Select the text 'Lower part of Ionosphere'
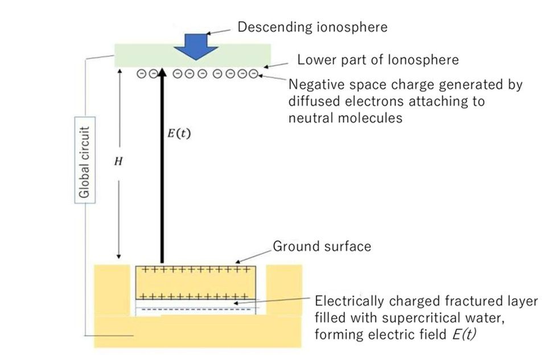(x=378, y=59)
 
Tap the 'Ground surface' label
(x=322, y=246)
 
